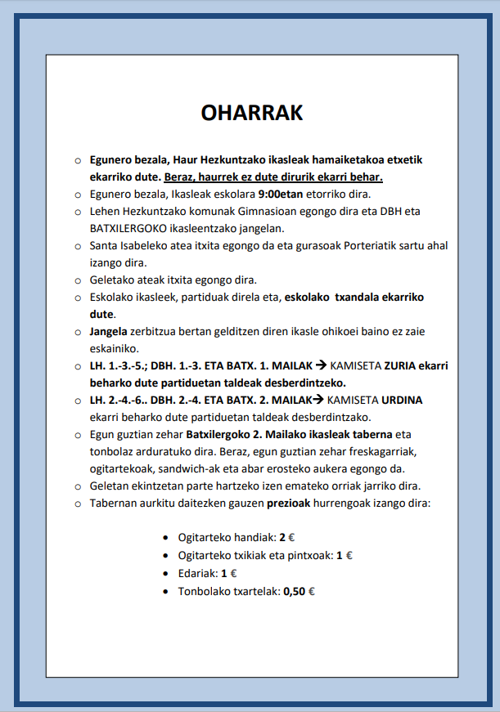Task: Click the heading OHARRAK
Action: click(x=252, y=112)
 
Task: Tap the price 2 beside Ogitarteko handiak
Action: click(x=282, y=538)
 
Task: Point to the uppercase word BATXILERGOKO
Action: click(x=127, y=228)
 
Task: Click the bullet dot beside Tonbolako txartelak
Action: click(x=167, y=589)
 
